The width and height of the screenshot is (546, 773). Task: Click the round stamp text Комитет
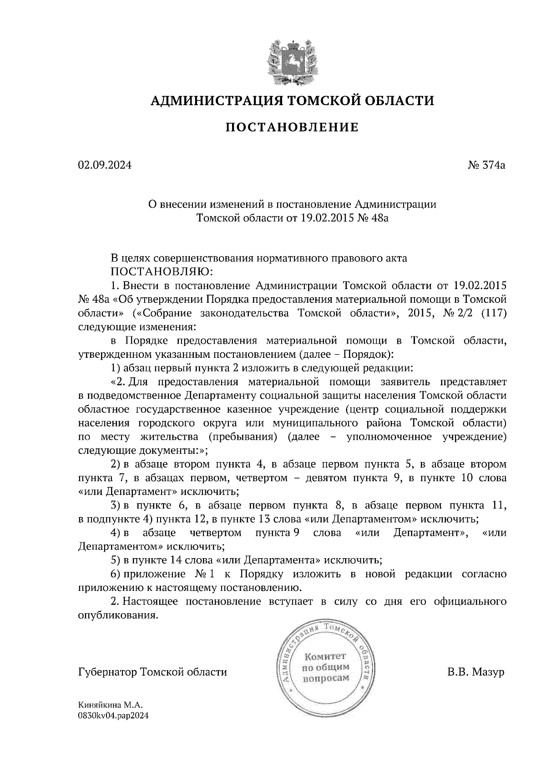coord(325,656)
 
